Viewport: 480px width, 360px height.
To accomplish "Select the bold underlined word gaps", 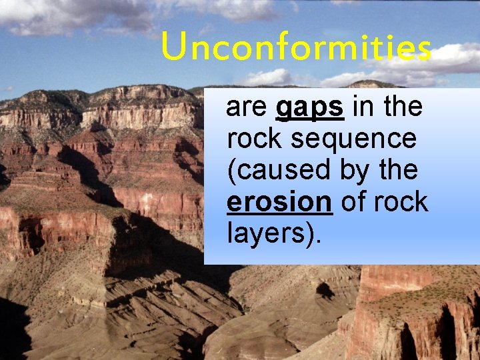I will pos(310,107).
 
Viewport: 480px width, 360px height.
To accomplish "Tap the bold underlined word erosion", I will pos(279,202).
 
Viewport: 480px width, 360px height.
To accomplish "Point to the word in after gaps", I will pos(363,107).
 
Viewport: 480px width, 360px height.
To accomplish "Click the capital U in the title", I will pos(173,48).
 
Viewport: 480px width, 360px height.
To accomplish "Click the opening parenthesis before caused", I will pos(231,171).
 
